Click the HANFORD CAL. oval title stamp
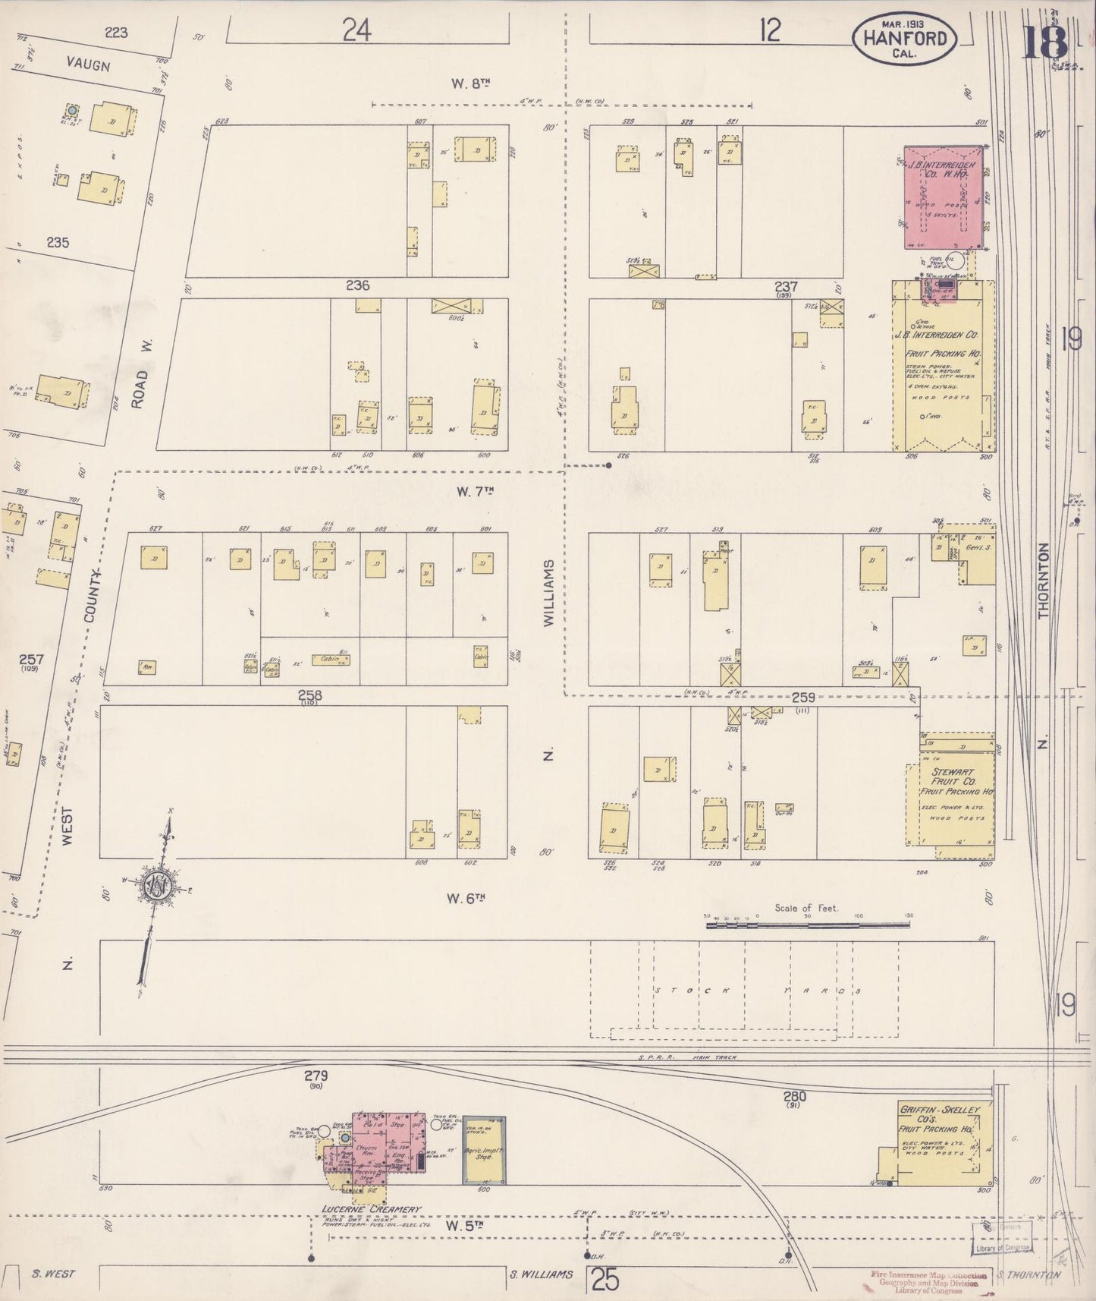[x=904, y=37]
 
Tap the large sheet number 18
[x=1044, y=42]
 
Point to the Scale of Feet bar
[x=807, y=925]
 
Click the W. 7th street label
[x=475, y=491]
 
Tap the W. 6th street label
[x=465, y=899]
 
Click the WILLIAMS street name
[x=549, y=593]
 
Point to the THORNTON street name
[x=1044, y=581]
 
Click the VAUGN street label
[x=89, y=65]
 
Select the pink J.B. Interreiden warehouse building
[x=943, y=197]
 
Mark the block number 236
[x=357, y=285]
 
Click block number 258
[x=309, y=695]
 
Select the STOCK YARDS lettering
[x=755, y=991]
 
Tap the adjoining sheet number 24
[x=356, y=31]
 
